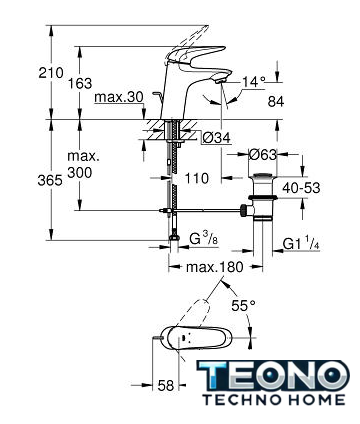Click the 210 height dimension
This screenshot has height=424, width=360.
[x=51, y=72]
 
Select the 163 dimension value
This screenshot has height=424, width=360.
[x=80, y=83]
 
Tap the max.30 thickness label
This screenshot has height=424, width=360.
[x=119, y=97]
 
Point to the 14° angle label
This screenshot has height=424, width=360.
[x=254, y=82]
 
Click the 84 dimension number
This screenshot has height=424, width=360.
[x=276, y=102]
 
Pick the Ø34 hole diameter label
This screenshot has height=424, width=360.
[x=216, y=137]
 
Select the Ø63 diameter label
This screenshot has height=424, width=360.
[x=263, y=154]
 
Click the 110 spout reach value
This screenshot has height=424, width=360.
[x=196, y=178]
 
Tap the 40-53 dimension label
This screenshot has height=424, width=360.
[x=301, y=188]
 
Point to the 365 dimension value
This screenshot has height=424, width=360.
[x=50, y=180]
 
